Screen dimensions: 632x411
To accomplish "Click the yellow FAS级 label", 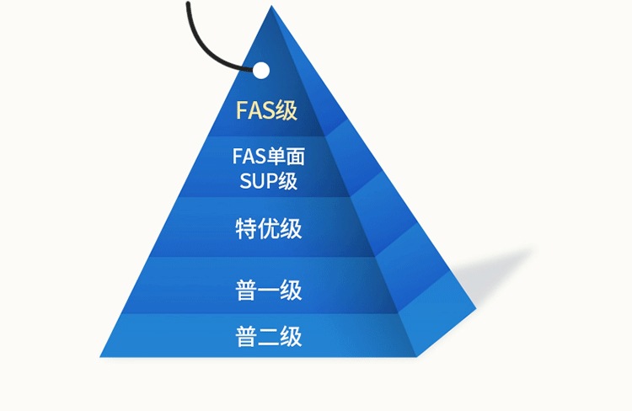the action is point(266,110).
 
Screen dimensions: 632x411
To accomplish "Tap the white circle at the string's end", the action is point(261,70).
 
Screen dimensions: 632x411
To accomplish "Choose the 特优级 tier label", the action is point(268,228).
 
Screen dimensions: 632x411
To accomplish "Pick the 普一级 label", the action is point(268,291).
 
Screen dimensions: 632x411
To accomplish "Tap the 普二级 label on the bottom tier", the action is point(268,337).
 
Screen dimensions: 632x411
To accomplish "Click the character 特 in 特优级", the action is point(245,228).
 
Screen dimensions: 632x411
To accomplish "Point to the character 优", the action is point(268,228).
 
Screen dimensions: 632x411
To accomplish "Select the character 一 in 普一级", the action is point(268,291).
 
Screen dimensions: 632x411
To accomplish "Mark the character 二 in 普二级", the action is point(268,337).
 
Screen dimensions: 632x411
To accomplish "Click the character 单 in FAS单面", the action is point(279,157).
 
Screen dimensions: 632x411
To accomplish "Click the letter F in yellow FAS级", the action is point(241,111).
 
